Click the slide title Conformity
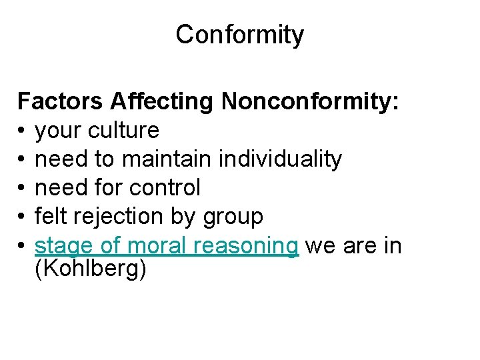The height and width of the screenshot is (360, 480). coord(239,35)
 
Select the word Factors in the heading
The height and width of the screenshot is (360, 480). coord(61,101)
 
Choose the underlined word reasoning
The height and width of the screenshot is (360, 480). coord(246,247)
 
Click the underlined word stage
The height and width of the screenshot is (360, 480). coord(64,247)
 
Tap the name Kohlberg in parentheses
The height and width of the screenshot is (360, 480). coord(90,271)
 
